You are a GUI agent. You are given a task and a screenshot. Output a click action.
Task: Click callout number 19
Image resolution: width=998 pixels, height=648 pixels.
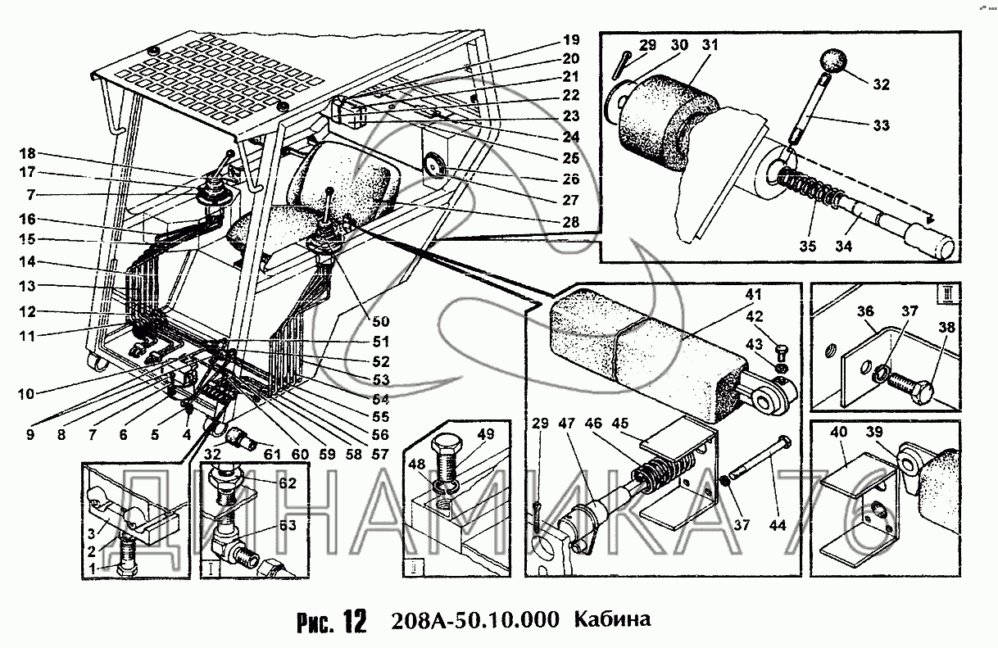click(x=571, y=40)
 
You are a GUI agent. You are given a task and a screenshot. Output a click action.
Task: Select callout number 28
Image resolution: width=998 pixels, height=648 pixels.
click(x=571, y=221)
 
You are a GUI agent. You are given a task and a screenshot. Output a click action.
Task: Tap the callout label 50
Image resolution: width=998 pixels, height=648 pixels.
click(x=380, y=321)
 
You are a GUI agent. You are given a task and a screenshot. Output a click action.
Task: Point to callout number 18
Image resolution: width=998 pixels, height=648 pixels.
click(x=27, y=154)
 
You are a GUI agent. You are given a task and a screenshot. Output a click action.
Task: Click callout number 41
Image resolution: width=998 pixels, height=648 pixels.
click(x=753, y=294)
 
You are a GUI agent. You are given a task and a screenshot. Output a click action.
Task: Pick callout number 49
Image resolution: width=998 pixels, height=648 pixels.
click(x=486, y=434)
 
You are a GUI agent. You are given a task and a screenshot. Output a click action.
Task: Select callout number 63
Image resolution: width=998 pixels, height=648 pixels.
click(x=288, y=525)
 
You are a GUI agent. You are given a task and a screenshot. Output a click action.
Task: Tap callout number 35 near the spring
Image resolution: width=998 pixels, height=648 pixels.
click(x=807, y=246)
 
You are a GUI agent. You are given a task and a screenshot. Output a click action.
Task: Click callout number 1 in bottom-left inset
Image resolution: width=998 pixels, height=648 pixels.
click(x=93, y=569)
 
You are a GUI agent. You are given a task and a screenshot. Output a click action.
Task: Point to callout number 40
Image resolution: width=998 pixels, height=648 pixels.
click(x=838, y=432)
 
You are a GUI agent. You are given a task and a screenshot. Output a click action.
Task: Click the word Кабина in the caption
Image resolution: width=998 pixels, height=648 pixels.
click(x=613, y=619)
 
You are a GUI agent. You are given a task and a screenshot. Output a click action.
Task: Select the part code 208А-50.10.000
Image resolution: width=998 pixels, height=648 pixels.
click(x=475, y=619)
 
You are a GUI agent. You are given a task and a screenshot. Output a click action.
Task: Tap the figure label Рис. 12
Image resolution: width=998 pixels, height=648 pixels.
click(x=332, y=621)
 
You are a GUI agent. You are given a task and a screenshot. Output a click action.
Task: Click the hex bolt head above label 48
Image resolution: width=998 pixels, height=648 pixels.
click(x=446, y=445)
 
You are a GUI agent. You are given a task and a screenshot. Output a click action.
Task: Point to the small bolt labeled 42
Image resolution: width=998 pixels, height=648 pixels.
click(x=781, y=356)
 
